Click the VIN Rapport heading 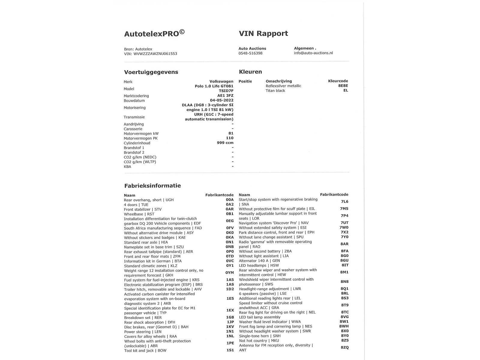point(263,33)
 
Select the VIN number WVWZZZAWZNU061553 point(155,54)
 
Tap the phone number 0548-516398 point(250,53)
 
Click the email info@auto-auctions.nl point(313,53)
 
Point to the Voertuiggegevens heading point(151,72)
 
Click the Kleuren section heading point(250,72)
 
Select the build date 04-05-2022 point(222,100)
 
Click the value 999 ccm point(225,143)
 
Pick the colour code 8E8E point(343,86)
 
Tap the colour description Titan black point(275,91)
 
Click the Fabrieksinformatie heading point(152,186)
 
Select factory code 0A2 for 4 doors point(229,205)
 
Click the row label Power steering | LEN point(143,332)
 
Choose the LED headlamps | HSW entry point(259,265)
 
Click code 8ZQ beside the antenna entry point(344,347)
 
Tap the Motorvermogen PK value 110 point(229,138)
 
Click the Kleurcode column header point(338,81)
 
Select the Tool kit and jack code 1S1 point(230,350)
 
